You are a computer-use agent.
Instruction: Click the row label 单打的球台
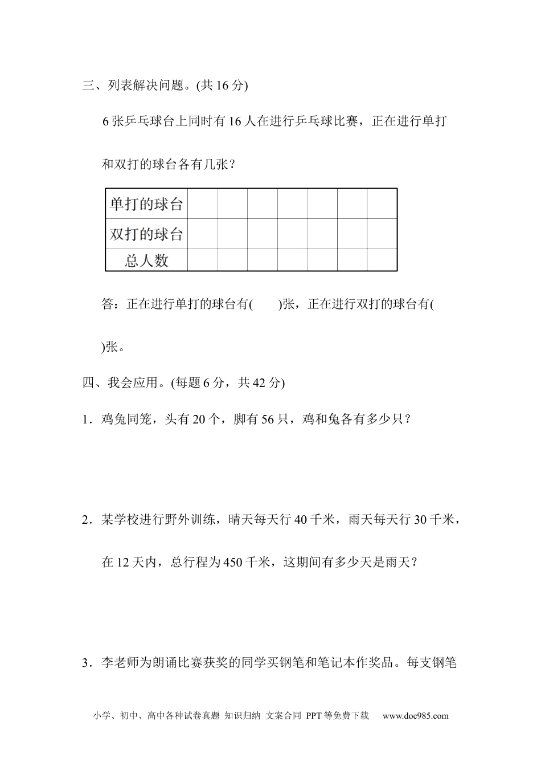pyautogui.click(x=146, y=204)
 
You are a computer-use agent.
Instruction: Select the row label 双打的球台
pyautogui.click(x=146, y=234)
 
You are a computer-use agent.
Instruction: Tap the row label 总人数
pyautogui.click(x=146, y=260)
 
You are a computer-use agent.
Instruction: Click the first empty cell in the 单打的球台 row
pyautogui.click(x=203, y=204)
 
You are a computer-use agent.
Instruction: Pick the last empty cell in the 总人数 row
pyautogui.click(x=382, y=260)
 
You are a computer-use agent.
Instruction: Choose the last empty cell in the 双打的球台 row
pyautogui.click(x=382, y=234)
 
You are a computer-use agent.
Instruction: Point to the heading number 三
pyautogui.click(x=88, y=85)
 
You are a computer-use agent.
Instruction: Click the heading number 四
pyautogui.click(x=88, y=382)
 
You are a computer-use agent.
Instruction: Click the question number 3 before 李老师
pyautogui.click(x=85, y=663)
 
